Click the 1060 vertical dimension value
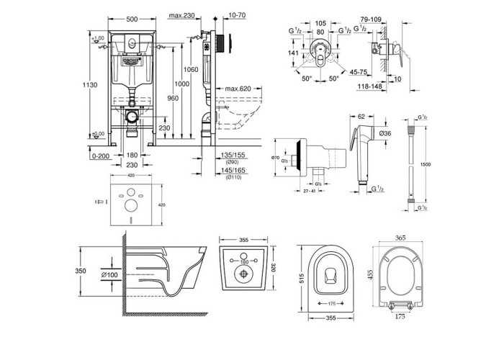(191, 69)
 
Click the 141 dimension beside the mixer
(293, 53)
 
